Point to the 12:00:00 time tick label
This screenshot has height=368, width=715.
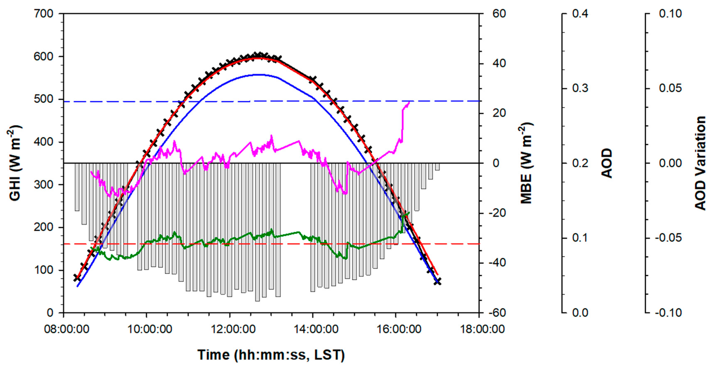(233, 329)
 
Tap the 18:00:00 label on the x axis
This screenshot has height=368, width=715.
(482, 329)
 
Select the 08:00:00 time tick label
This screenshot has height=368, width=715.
(67, 329)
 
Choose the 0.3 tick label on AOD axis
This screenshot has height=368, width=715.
(580, 88)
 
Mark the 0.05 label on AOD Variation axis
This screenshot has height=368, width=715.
(670, 88)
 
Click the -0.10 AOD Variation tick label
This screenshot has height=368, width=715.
(668, 313)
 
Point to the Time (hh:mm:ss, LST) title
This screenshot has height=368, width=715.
(271, 355)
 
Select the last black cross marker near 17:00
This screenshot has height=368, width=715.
(437, 282)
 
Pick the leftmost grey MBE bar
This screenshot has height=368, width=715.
(77, 187)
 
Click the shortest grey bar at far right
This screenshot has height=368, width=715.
(437, 167)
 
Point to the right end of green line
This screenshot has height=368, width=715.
(409, 213)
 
